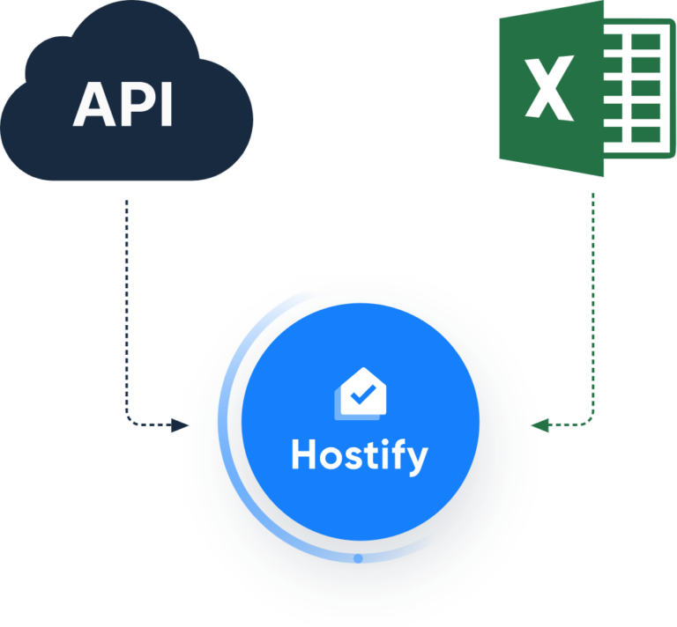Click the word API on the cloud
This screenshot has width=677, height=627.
tap(123, 106)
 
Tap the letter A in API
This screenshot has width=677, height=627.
tap(93, 106)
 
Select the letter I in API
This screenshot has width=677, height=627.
tap(164, 106)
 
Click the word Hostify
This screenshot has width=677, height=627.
tap(359, 455)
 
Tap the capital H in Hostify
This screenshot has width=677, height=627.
tap(303, 454)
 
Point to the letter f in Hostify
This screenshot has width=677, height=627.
tap(395, 454)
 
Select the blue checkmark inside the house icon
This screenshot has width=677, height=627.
tap(361, 395)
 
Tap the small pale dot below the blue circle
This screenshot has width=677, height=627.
tap(358, 557)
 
